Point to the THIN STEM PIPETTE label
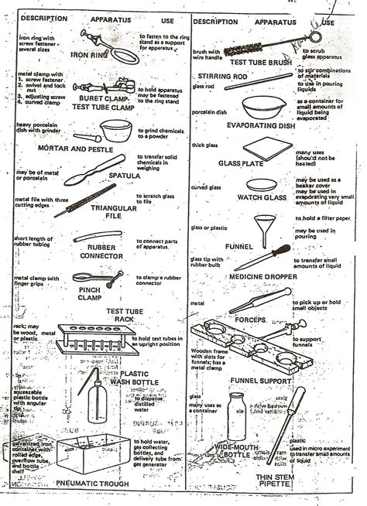pos(279,483)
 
